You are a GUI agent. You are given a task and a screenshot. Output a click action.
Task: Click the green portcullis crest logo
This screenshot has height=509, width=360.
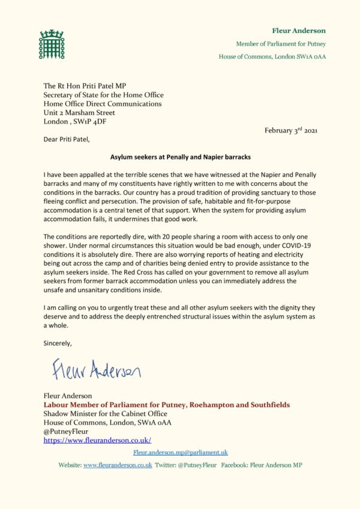click(x=51, y=44)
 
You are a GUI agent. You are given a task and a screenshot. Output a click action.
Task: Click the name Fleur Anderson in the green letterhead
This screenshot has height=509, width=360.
click(x=298, y=31)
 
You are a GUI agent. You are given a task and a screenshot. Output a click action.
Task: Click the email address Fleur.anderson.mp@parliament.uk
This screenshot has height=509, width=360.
click(x=180, y=453)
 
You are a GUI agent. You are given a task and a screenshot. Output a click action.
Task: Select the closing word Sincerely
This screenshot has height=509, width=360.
click(x=58, y=344)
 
